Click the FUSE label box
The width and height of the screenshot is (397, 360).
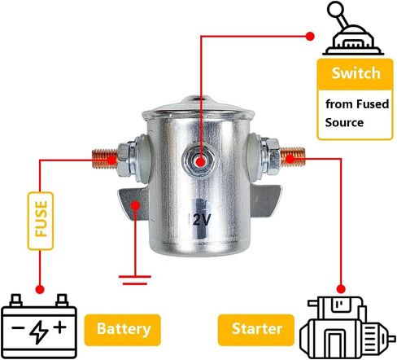click(41, 221)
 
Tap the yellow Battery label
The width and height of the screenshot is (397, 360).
click(123, 330)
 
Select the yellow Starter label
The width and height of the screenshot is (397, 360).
click(256, 330)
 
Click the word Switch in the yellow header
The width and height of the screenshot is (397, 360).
click(356, 73)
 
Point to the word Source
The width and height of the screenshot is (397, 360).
click(344, 122)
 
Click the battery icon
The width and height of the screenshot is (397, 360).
click(39, 326)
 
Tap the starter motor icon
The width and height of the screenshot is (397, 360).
click(347, 327)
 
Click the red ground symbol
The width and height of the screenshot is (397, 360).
click(135, 280)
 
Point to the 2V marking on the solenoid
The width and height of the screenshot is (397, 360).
click(201, 220)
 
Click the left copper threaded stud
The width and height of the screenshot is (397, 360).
click(105, 159)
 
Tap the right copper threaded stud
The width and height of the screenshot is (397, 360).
click(292, 156)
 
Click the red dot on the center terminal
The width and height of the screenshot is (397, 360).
click(200, 162)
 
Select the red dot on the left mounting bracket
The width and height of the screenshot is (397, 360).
click(135, 205)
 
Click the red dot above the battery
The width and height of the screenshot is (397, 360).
click(40, 289)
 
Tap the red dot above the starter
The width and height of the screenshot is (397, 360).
click(341, 289)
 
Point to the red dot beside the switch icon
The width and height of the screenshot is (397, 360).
click(310, 36)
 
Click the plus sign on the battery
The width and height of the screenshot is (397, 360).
click(60, 327)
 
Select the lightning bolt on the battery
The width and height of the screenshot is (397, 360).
click(39, 333)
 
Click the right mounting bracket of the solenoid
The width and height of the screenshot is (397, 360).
click(265, 201)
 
